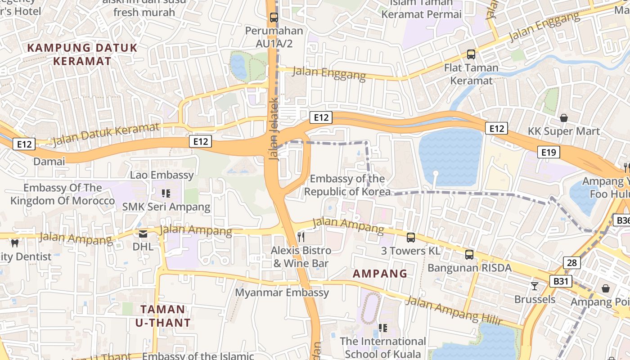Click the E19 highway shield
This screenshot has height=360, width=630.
(549, 152)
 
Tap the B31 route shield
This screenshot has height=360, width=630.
(561, 282)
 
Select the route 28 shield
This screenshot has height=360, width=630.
(571, 263)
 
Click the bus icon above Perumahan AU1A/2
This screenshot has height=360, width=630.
(274, 18)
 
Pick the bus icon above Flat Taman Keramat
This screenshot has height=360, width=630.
(471, 54)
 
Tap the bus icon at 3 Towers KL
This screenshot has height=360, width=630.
(411, 238)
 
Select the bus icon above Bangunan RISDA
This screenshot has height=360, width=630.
(469, 255)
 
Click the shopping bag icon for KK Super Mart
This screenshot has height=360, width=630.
(563, 118)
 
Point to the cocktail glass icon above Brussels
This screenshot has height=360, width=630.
(535, 286)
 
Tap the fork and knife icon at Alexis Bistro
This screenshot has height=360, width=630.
(301, 237)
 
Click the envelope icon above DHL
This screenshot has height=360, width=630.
(143, 234)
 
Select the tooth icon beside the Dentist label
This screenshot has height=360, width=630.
(14, 243)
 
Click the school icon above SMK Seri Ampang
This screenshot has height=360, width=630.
(166, 193)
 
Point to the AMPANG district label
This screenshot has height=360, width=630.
(380, 274)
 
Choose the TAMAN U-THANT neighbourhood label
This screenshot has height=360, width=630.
(163, 316)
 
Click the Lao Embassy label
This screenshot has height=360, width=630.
(162, 175)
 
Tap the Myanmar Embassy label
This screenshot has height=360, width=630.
(282, 292)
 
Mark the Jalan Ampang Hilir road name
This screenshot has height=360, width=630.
(453, 310)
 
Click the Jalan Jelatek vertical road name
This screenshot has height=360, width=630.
(274, 128)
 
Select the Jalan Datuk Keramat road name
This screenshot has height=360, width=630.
(106, 135)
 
